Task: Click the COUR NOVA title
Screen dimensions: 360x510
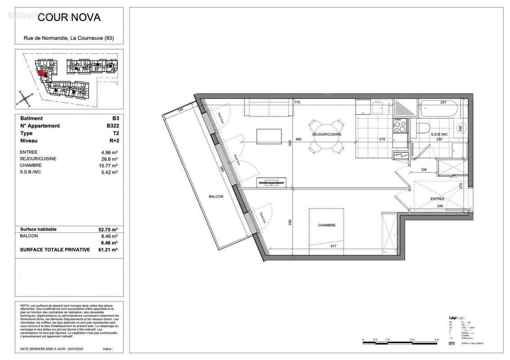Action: click(x=69, y=18)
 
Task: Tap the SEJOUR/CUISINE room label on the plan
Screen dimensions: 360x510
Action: click(x=327, y=135)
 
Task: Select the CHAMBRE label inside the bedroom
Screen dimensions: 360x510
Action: click(x=327, y=225)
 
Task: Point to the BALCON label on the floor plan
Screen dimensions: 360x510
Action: click(x=216, y=197)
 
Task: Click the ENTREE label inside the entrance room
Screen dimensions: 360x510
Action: click(x=437, y=199)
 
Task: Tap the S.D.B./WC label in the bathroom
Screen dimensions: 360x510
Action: click(x=439, y=135)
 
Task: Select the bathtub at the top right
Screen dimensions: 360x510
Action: click(x=438, y=109)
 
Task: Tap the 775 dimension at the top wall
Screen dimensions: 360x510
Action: click(x=297, y=103)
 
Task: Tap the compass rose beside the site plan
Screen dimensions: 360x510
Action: click(x=25, y=97)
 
